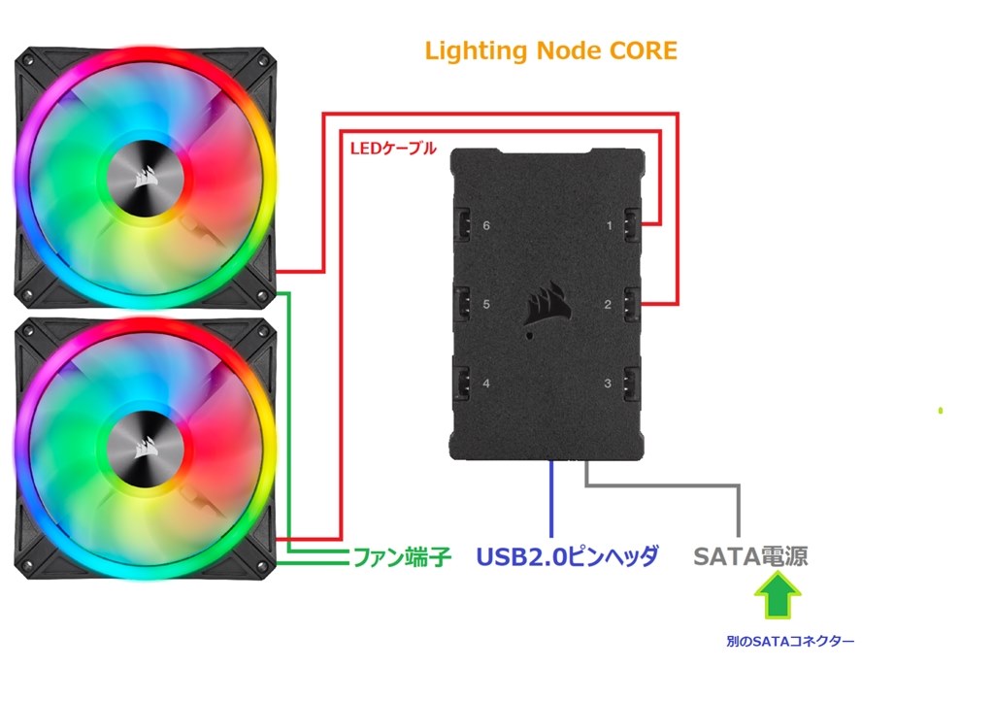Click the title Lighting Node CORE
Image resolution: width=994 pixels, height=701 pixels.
pos(550,51)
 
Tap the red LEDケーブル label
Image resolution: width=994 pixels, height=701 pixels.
pos(392,150)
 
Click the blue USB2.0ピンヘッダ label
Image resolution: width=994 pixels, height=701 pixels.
pos(568,557)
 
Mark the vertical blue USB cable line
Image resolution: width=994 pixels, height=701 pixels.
pos(552,500)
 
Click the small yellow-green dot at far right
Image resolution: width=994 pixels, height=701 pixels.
pos(941,411)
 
